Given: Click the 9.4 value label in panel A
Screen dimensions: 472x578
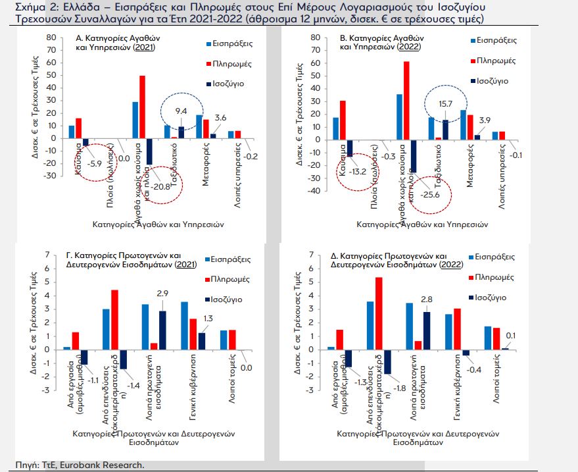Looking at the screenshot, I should pos(181,111).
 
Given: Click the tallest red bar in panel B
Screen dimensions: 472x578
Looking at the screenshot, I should pos(406,100).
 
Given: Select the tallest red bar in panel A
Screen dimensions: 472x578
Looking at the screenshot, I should pos(142,107).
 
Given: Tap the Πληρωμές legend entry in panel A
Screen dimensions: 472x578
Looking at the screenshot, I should pos(229,63).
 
